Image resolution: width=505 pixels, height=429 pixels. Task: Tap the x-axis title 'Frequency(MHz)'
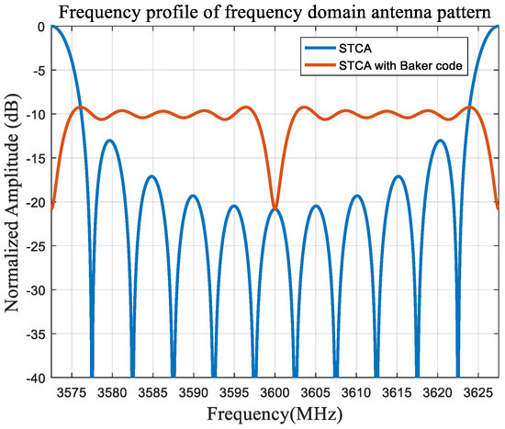pyautogui.click(x=274, y=414)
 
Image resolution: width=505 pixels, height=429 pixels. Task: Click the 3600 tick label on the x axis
pyautogui.click(x=275, y=391)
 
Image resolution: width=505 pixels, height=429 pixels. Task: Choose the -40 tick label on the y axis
pyautogui.click(x=35, y=377)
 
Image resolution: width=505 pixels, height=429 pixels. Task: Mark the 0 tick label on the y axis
pyautogui.click(x=40, y=27)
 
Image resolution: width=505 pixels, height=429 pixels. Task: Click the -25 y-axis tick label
pyautogui.click(x=35, y=245)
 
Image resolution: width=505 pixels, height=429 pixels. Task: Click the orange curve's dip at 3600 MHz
pyautogui.click(x=275, y=209)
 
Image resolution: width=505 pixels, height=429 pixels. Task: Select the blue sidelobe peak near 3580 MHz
pyautogui.click(x=110, y=141)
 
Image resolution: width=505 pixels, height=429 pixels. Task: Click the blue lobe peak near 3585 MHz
pyautogui.click(x=151, y=175)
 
